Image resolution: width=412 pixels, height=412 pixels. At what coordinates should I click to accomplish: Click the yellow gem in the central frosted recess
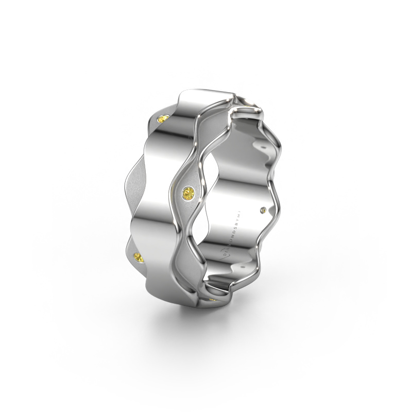(x=187, y=194)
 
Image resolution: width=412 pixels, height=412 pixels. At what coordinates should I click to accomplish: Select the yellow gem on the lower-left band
(x=138, y=257)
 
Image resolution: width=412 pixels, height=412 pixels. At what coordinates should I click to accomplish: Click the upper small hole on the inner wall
(x=263, y=147)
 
